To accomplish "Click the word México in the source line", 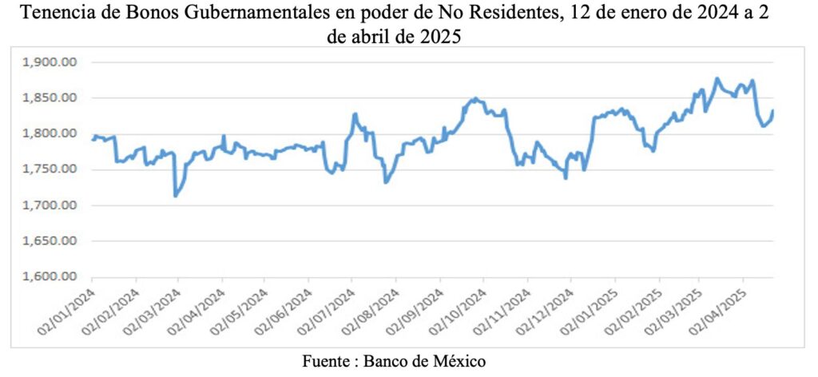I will [x=458, y=361].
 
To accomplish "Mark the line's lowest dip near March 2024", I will [x=176, y=196].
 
